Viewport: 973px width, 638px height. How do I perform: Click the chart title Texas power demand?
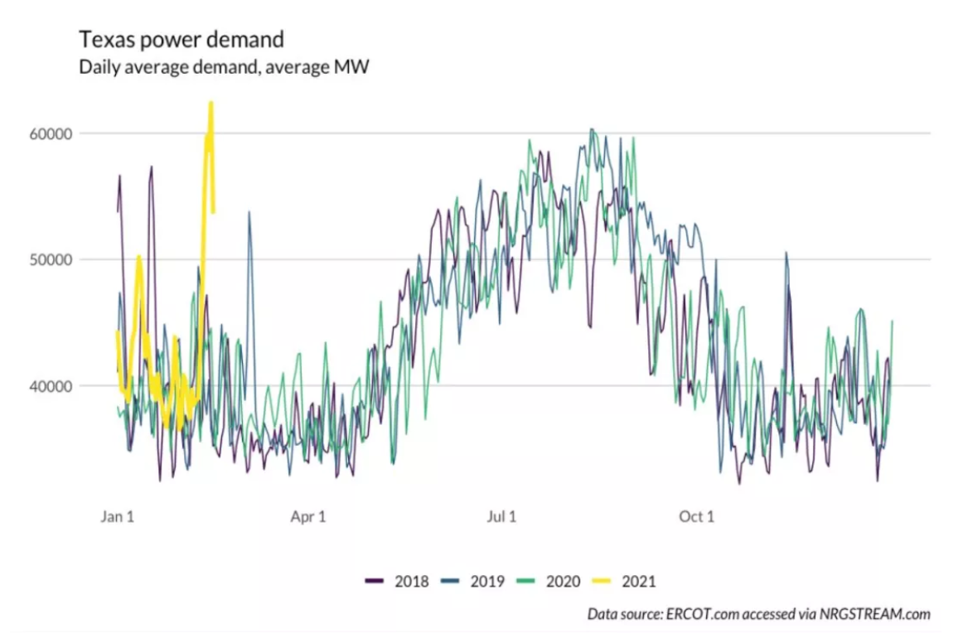(x=182, y=39)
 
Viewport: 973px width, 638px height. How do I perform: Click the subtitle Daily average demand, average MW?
(x=224, y=68)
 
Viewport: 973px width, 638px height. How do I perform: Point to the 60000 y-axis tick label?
(x=75, y=133)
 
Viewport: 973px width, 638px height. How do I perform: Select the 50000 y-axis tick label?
(x=75, y=259)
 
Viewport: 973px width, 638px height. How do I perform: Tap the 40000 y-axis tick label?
(x=75, y=385)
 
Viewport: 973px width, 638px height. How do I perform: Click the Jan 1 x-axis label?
(x=118, y=517)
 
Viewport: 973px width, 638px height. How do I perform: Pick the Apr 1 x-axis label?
(x=308, y=517)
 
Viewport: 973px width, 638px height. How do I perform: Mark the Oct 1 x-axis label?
(x=696, y=517)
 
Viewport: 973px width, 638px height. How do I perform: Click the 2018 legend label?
(x=412, y=581)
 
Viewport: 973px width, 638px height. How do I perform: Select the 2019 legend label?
(x=487, y=581)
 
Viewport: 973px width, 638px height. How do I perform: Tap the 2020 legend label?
(x=564, y=581)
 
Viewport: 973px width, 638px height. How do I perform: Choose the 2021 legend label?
(x=638, y=581)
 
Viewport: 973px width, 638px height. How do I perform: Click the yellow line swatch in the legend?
(x=603, y=581)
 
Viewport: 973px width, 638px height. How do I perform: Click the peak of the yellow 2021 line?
(x=211, y=104)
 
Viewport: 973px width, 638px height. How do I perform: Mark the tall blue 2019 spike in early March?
(x=249, y=213)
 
